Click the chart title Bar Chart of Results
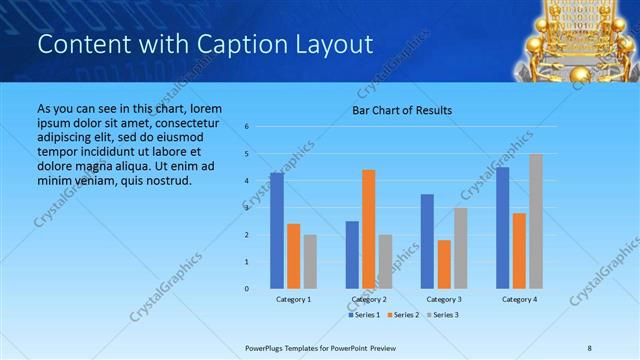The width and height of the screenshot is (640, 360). click(x=401, y=110)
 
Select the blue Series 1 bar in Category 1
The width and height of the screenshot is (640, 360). click(x=276, y=230)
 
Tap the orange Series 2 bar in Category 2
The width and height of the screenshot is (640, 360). click(x=368, y=229)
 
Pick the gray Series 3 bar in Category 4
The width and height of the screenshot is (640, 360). click(x=536, y=221)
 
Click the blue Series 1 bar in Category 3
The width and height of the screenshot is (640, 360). click(x=427, y=241)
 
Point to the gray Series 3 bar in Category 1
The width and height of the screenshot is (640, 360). click(x=310, y=262)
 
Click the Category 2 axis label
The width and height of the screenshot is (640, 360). click(x=369, y=299)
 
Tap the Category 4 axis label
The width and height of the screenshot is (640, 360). click(x=519, y=299)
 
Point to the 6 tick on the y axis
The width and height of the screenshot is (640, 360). click(x=246, y=127)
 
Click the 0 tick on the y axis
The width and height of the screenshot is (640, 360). click(x=246, y=289)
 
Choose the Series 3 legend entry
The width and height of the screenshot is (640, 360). click(x=444, y=315)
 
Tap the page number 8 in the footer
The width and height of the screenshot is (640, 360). click(x=590, y=347)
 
